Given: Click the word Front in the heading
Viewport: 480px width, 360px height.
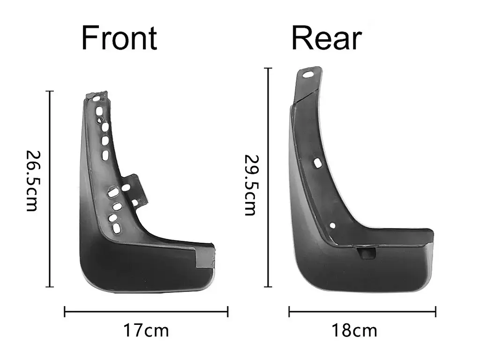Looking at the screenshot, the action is pyautogui.click(x=119, y=38).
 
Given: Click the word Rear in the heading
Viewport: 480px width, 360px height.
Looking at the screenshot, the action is pyautogui.click(x=327, y=38).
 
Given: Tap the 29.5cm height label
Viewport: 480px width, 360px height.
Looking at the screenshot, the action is pyautogui.click(x=250, y=185).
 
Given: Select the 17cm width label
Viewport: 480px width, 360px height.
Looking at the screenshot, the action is pyautogui.click(x=146, y=330).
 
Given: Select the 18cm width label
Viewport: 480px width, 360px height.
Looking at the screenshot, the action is pyautogui.click(x=354, y=330).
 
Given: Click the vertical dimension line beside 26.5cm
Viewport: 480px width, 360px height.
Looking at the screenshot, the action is pyautogui.click(x=50, y=189).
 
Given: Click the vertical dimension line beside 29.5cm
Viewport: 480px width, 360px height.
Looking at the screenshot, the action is pyautogui.click(x=268, y=177).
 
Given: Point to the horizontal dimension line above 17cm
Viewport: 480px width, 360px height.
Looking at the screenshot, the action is pyautogui.click(x=146, y=312).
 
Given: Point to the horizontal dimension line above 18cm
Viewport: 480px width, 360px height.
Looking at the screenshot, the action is pyautogui.click(x=362, y=312).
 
